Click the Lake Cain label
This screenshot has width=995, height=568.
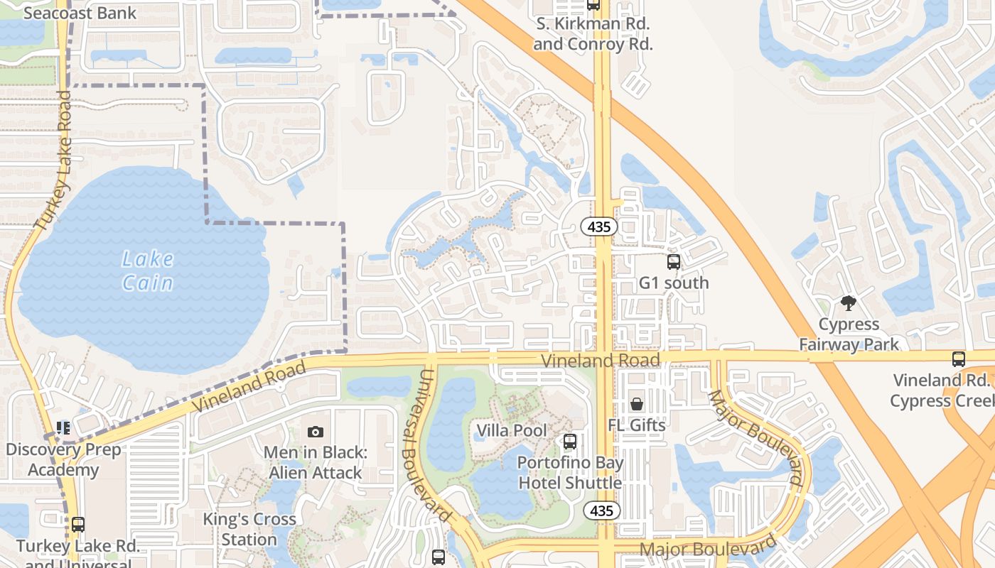148,271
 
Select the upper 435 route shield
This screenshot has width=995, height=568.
599,227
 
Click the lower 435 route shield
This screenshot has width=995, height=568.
602,510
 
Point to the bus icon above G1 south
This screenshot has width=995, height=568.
674,262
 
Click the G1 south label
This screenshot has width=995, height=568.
674,283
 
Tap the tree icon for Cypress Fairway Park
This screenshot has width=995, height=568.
848,304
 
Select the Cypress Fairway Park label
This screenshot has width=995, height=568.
849,334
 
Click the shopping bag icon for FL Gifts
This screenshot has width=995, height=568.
637,404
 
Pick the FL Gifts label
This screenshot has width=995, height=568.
637,425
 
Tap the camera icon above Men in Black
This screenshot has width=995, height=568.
316,432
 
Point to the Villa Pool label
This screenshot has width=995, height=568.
512,430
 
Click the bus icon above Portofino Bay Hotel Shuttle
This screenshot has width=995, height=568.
569,442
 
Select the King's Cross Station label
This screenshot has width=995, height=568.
249,529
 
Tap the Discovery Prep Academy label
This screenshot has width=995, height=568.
63,459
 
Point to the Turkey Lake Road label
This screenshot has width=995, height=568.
54,160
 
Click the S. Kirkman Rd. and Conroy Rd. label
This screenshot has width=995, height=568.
593,33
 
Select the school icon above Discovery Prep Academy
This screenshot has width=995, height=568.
63,428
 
